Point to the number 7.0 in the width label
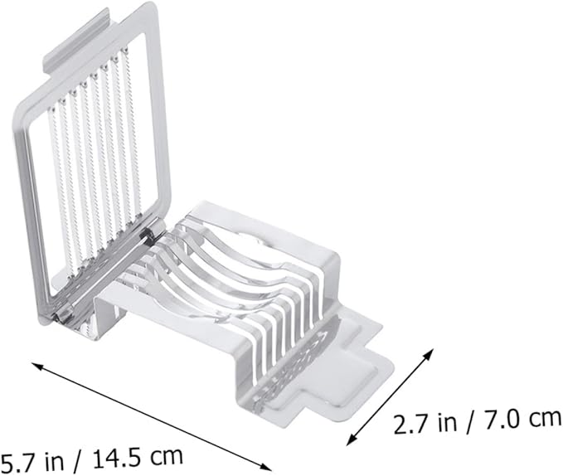point(501,420)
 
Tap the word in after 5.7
point(54,460)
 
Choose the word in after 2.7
point(448,423)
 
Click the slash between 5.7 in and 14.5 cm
point(77,459)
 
